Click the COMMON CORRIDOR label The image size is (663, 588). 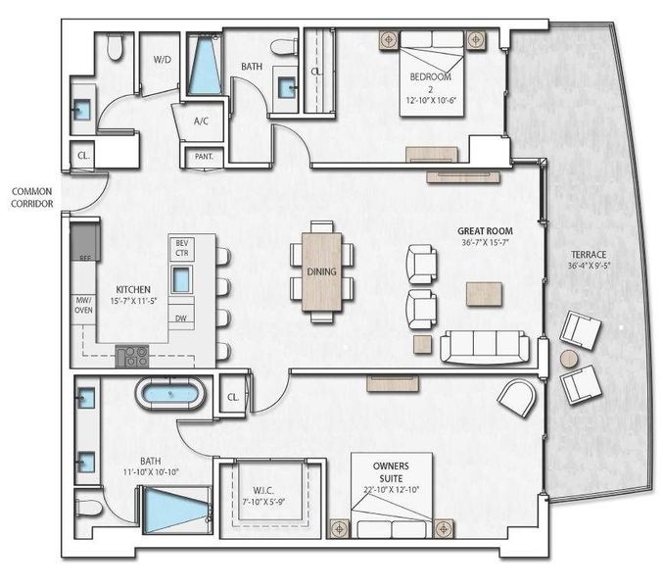pyautogui.click(x=31, y=197)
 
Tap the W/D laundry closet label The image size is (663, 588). pyautogui.click(x=163, y=60)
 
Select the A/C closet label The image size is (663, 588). pyautogui.click(x=202, y=122)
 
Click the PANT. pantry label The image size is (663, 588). pyautogui.click(x=204, y=156)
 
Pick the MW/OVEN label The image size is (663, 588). pyautogui.click(x=83, y=307)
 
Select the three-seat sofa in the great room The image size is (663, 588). pyautogui.click(x=484, y=347)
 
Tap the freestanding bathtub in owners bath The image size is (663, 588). pyautogui.click(x=171, y=396)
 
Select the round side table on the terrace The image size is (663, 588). pyautogui.click(x=569, y=359)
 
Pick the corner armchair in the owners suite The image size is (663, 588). pyautogui.click(x=516, y=396)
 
